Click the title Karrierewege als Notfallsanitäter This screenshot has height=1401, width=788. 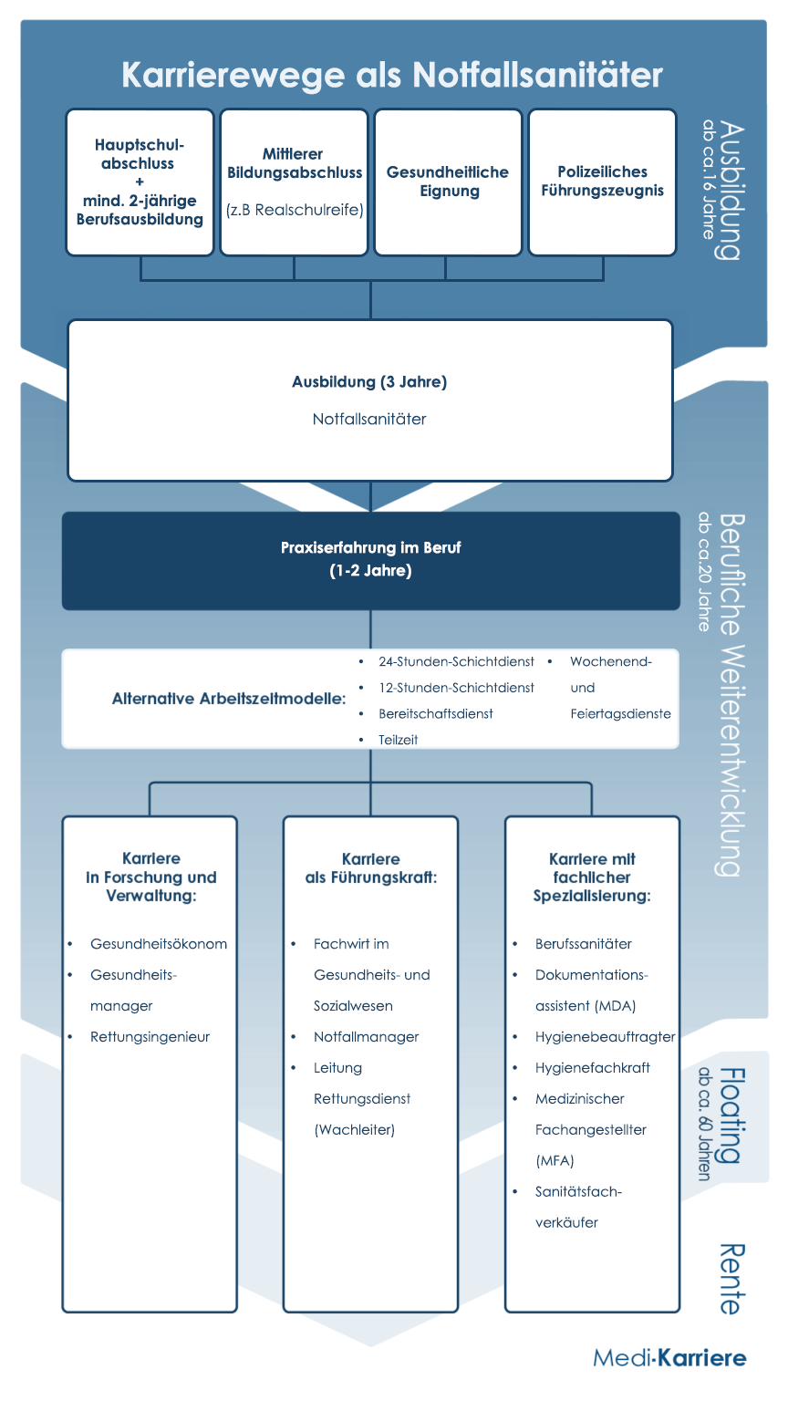click(x=392, y=75)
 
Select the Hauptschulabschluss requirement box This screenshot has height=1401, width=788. click(x=140, y=182)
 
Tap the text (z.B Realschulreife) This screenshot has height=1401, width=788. click(x=295, y=210)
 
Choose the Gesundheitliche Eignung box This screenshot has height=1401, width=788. click(x=448, y=182)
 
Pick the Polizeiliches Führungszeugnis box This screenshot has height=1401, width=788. click(x=602, y=182)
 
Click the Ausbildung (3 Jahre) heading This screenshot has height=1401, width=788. click(x=369, y=381)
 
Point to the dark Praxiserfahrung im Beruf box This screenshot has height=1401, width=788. click(x=371, y=561)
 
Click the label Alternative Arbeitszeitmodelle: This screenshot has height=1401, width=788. click(x=229, y=699)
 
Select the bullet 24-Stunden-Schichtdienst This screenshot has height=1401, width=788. click(x=456, y=661)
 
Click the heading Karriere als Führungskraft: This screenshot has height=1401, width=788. click(x=371, y=868)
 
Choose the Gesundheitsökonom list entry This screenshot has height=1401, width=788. click(x=158, y=944)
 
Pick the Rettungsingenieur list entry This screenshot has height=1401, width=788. click(x=150, y=1036)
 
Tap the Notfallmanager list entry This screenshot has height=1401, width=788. click(x=366, y=1036)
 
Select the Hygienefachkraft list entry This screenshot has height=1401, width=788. click(x=592, y=1068)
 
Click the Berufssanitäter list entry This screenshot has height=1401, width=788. click(x=583, y=944)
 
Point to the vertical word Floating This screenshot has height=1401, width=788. click(x=731, y=1115)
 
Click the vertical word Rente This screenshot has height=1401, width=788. click(x=731, y=1279)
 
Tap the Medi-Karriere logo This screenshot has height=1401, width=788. click(x=669, y=1358)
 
